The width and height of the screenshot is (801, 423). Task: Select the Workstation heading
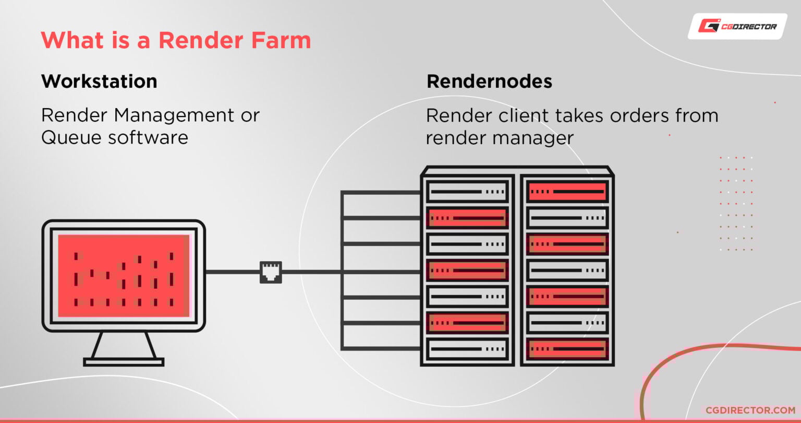pyautogui.click(x=99, y=81)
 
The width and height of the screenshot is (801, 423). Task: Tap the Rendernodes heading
pyautogui.click(x=489, y=81)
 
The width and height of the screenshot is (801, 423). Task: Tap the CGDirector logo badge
pyautogui.click(x=737, y=26)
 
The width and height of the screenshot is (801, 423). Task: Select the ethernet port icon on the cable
pyautogui.click(x=271, y=272)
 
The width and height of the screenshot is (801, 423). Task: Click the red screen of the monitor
pyautogui.click(x=124, y=275)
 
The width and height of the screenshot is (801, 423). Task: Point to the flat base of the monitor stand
pyautogui.click(x=124, y=361)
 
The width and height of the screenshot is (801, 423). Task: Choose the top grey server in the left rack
pyautogui.click(x=467, y=192)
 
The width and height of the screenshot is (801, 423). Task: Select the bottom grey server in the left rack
pyautogui.click(x=467, y=348)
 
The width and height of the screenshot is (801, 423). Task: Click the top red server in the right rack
pyautogui.click(x=567, y=192)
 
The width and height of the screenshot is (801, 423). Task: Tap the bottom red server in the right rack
pyautogui.click(x=567, y=348)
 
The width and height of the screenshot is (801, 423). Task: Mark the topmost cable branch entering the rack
pyautogui.click(x=381, y=193)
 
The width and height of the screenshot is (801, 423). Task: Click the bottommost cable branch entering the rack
pyautogui.click(x=381, y=348)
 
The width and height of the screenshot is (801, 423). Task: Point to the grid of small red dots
pyautogui.click(x=736, y=203)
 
